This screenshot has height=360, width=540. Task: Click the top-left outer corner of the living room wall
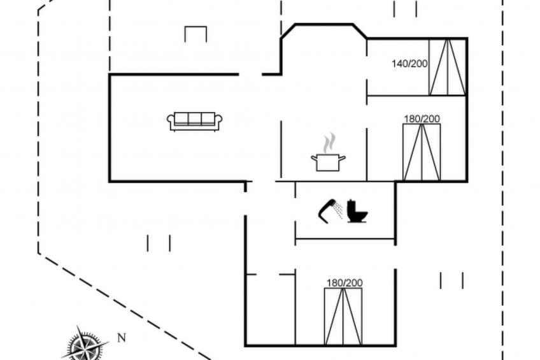click(109, 74)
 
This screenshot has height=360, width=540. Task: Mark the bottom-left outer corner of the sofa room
click(109, 182)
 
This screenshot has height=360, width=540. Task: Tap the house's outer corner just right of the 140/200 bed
click(467, 38)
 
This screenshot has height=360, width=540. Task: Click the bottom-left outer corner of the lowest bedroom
click(245, 345)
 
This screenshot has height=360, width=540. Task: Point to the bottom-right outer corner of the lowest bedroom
click(396, 345)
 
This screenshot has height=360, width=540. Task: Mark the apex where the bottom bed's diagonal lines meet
click(343, 289)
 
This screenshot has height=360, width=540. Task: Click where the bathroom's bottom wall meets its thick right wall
click(395, 238)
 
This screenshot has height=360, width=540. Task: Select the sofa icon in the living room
click(195, 122)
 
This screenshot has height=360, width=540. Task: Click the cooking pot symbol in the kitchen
click(328, 162)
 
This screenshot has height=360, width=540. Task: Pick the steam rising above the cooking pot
click(329, 142)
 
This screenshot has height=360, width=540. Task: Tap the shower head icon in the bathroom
click(330, 211)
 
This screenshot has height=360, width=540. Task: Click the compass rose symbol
click(84, 345)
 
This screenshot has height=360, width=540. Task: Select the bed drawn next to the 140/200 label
click(448, 67)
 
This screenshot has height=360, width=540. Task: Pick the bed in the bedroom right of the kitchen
click(422, 152)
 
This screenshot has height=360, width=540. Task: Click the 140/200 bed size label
click(409, 64)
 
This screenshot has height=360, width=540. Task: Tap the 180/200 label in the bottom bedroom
click(345, 283)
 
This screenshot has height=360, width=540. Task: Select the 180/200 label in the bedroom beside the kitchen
click(422, 119)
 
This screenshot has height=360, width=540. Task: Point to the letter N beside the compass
click(121, 338)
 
